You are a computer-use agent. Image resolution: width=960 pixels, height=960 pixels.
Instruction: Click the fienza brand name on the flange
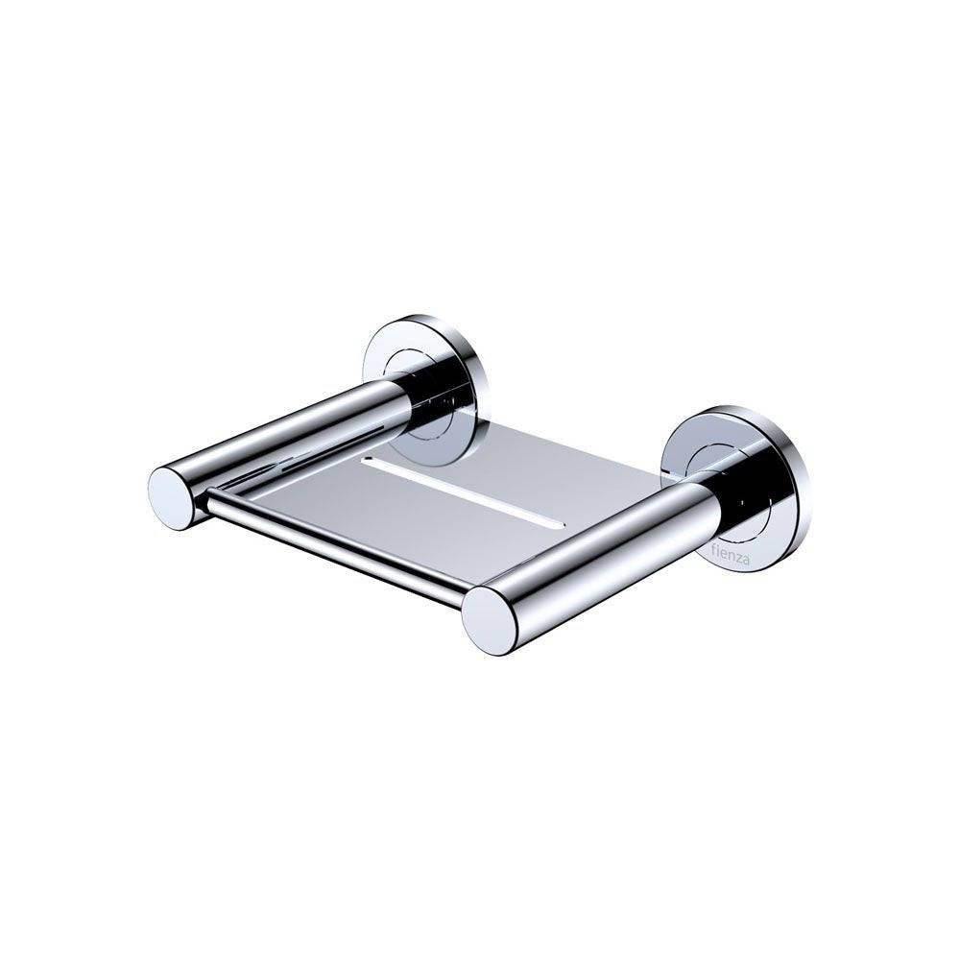pyautogui.click(x=730, y=556)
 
